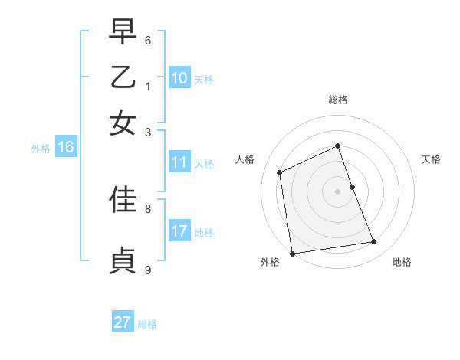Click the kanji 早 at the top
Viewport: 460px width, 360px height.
(123, 33)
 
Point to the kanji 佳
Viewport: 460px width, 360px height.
(123, 199)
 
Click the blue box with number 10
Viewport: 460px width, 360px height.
(179, 78)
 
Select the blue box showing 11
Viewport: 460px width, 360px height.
(179, 162)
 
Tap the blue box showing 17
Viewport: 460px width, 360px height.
(179, 231)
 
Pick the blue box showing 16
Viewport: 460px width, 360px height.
(66, 148)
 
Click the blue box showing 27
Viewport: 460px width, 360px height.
(123, 322)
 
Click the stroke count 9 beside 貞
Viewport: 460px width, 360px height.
(148, 270)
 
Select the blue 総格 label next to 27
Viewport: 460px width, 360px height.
(147, 324)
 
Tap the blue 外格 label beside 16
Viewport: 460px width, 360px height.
(41, 149)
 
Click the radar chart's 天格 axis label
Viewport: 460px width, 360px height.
(431, 159)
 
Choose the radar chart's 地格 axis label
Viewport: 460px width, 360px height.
(402, 263)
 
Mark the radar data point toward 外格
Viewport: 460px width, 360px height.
(292, 254)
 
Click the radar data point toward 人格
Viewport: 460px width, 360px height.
(280, 172)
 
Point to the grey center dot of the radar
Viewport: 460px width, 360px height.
(338, 191)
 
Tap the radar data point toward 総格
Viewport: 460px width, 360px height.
(337, 146)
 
